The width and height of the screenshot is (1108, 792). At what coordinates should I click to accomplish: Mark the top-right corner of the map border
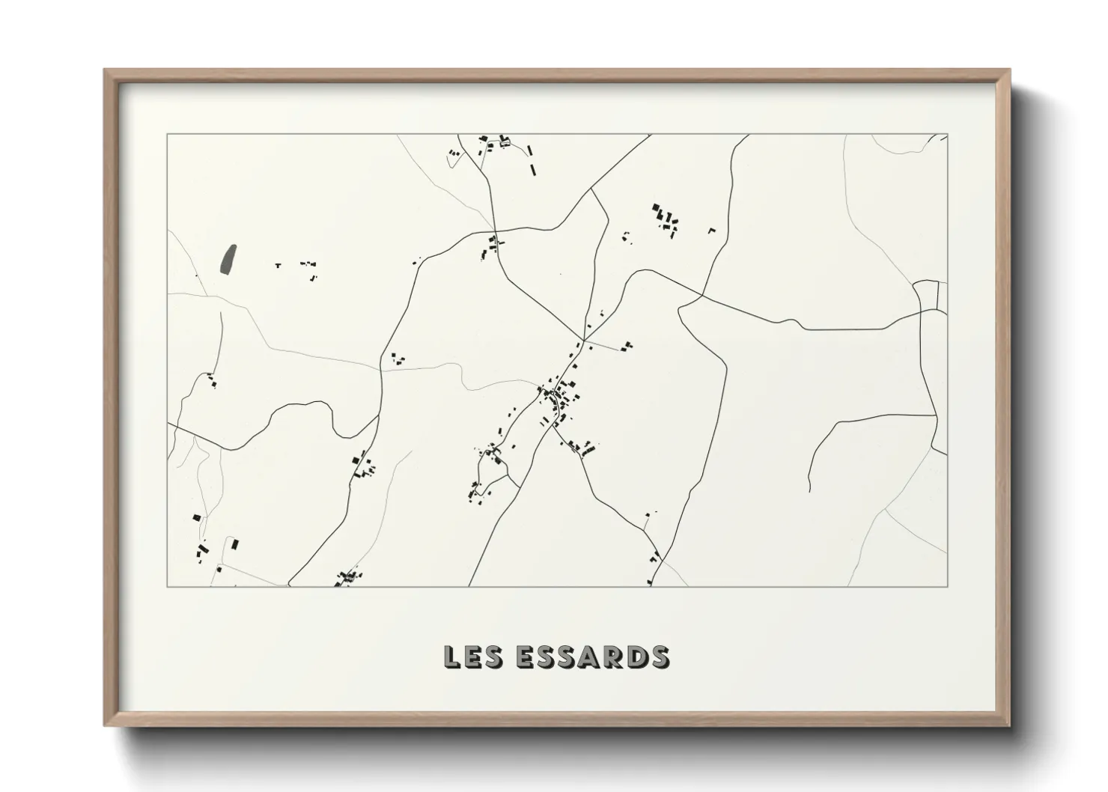pyautogui.click(x=947, y=135)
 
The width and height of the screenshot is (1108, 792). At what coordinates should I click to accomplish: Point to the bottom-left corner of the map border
pyautogui.click(x=168, y=586)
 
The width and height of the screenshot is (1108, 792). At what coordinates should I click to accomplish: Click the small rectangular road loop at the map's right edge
pyautogui.click(x=927, y=294)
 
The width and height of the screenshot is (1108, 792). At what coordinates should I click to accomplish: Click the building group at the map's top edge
pyautogui.click(x=494, y=143)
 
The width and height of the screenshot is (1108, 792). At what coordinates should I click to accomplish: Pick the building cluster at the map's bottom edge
pyautogui.click(x=348, y=577)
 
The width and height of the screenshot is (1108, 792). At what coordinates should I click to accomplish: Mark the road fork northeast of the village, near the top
pyautogui.click(x=591, y=189)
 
